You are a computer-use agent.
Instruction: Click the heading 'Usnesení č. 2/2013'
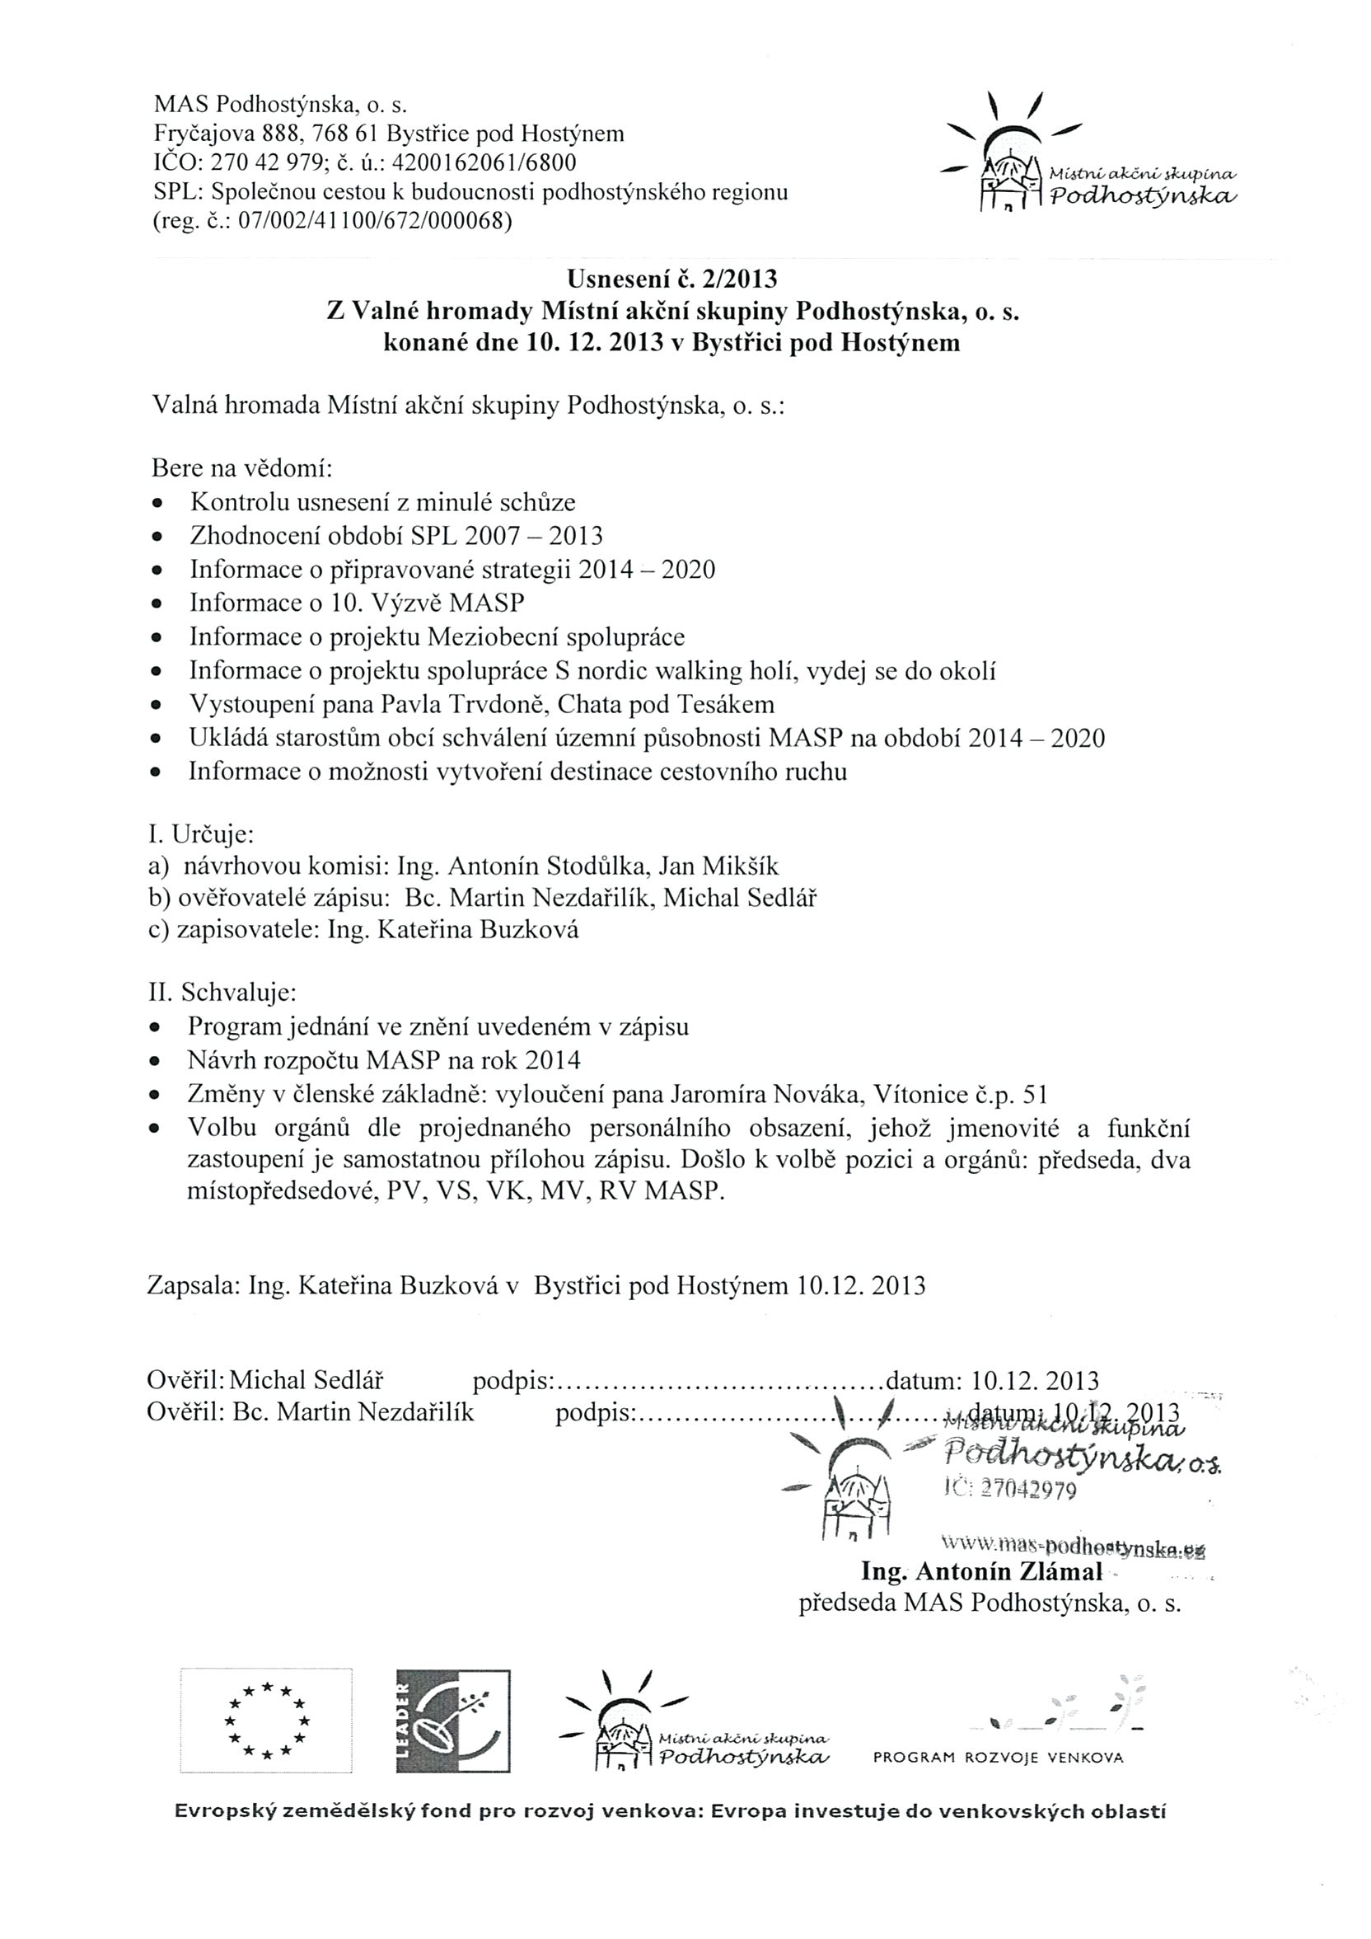tap(672, 278)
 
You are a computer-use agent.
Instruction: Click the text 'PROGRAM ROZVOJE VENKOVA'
tap(998, 1758)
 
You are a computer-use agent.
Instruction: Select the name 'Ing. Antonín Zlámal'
tap(981, 1571)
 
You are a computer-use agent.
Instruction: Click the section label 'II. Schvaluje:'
tap(222, 992)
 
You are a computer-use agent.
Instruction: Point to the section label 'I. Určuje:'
tap(201, 834)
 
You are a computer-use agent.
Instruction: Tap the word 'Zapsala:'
tap(192, 1285)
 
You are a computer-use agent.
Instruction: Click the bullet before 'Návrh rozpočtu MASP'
tap(156, 1061)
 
